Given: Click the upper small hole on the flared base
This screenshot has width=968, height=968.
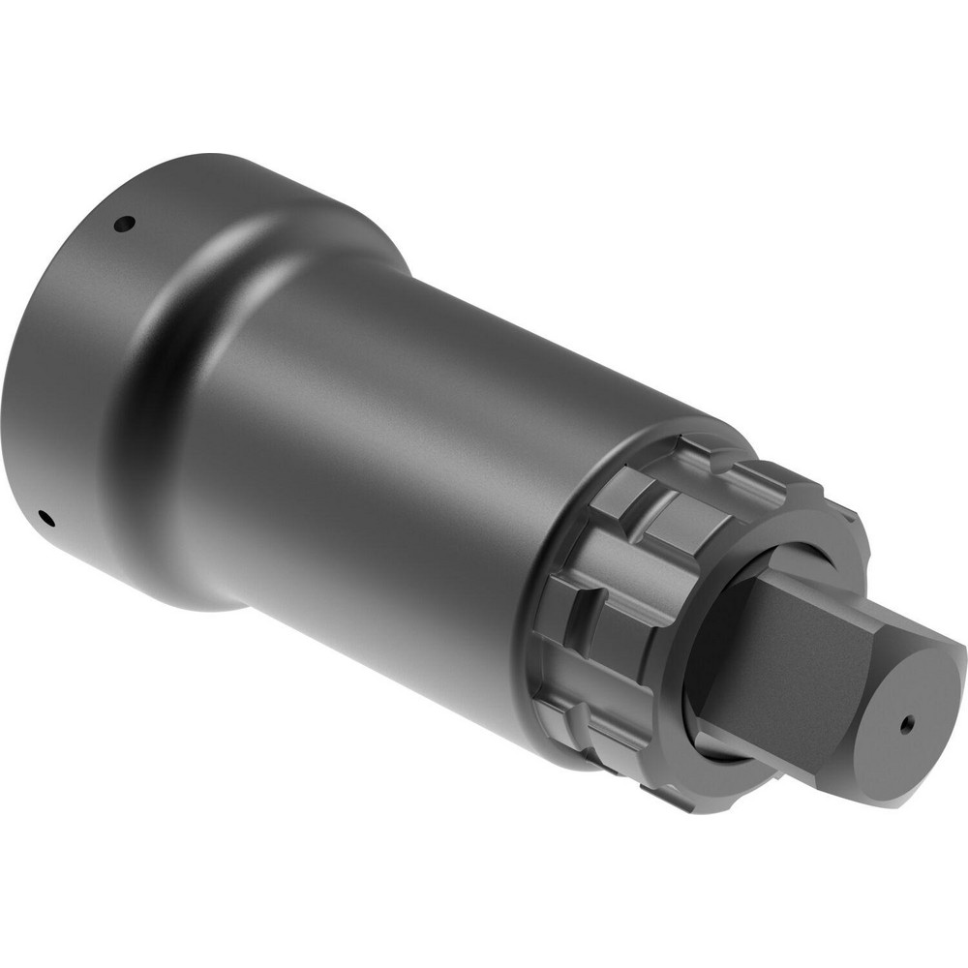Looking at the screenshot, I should [x=122, y=225].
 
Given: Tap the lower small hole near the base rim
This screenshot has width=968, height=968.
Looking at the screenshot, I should [x=45, y=515].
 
